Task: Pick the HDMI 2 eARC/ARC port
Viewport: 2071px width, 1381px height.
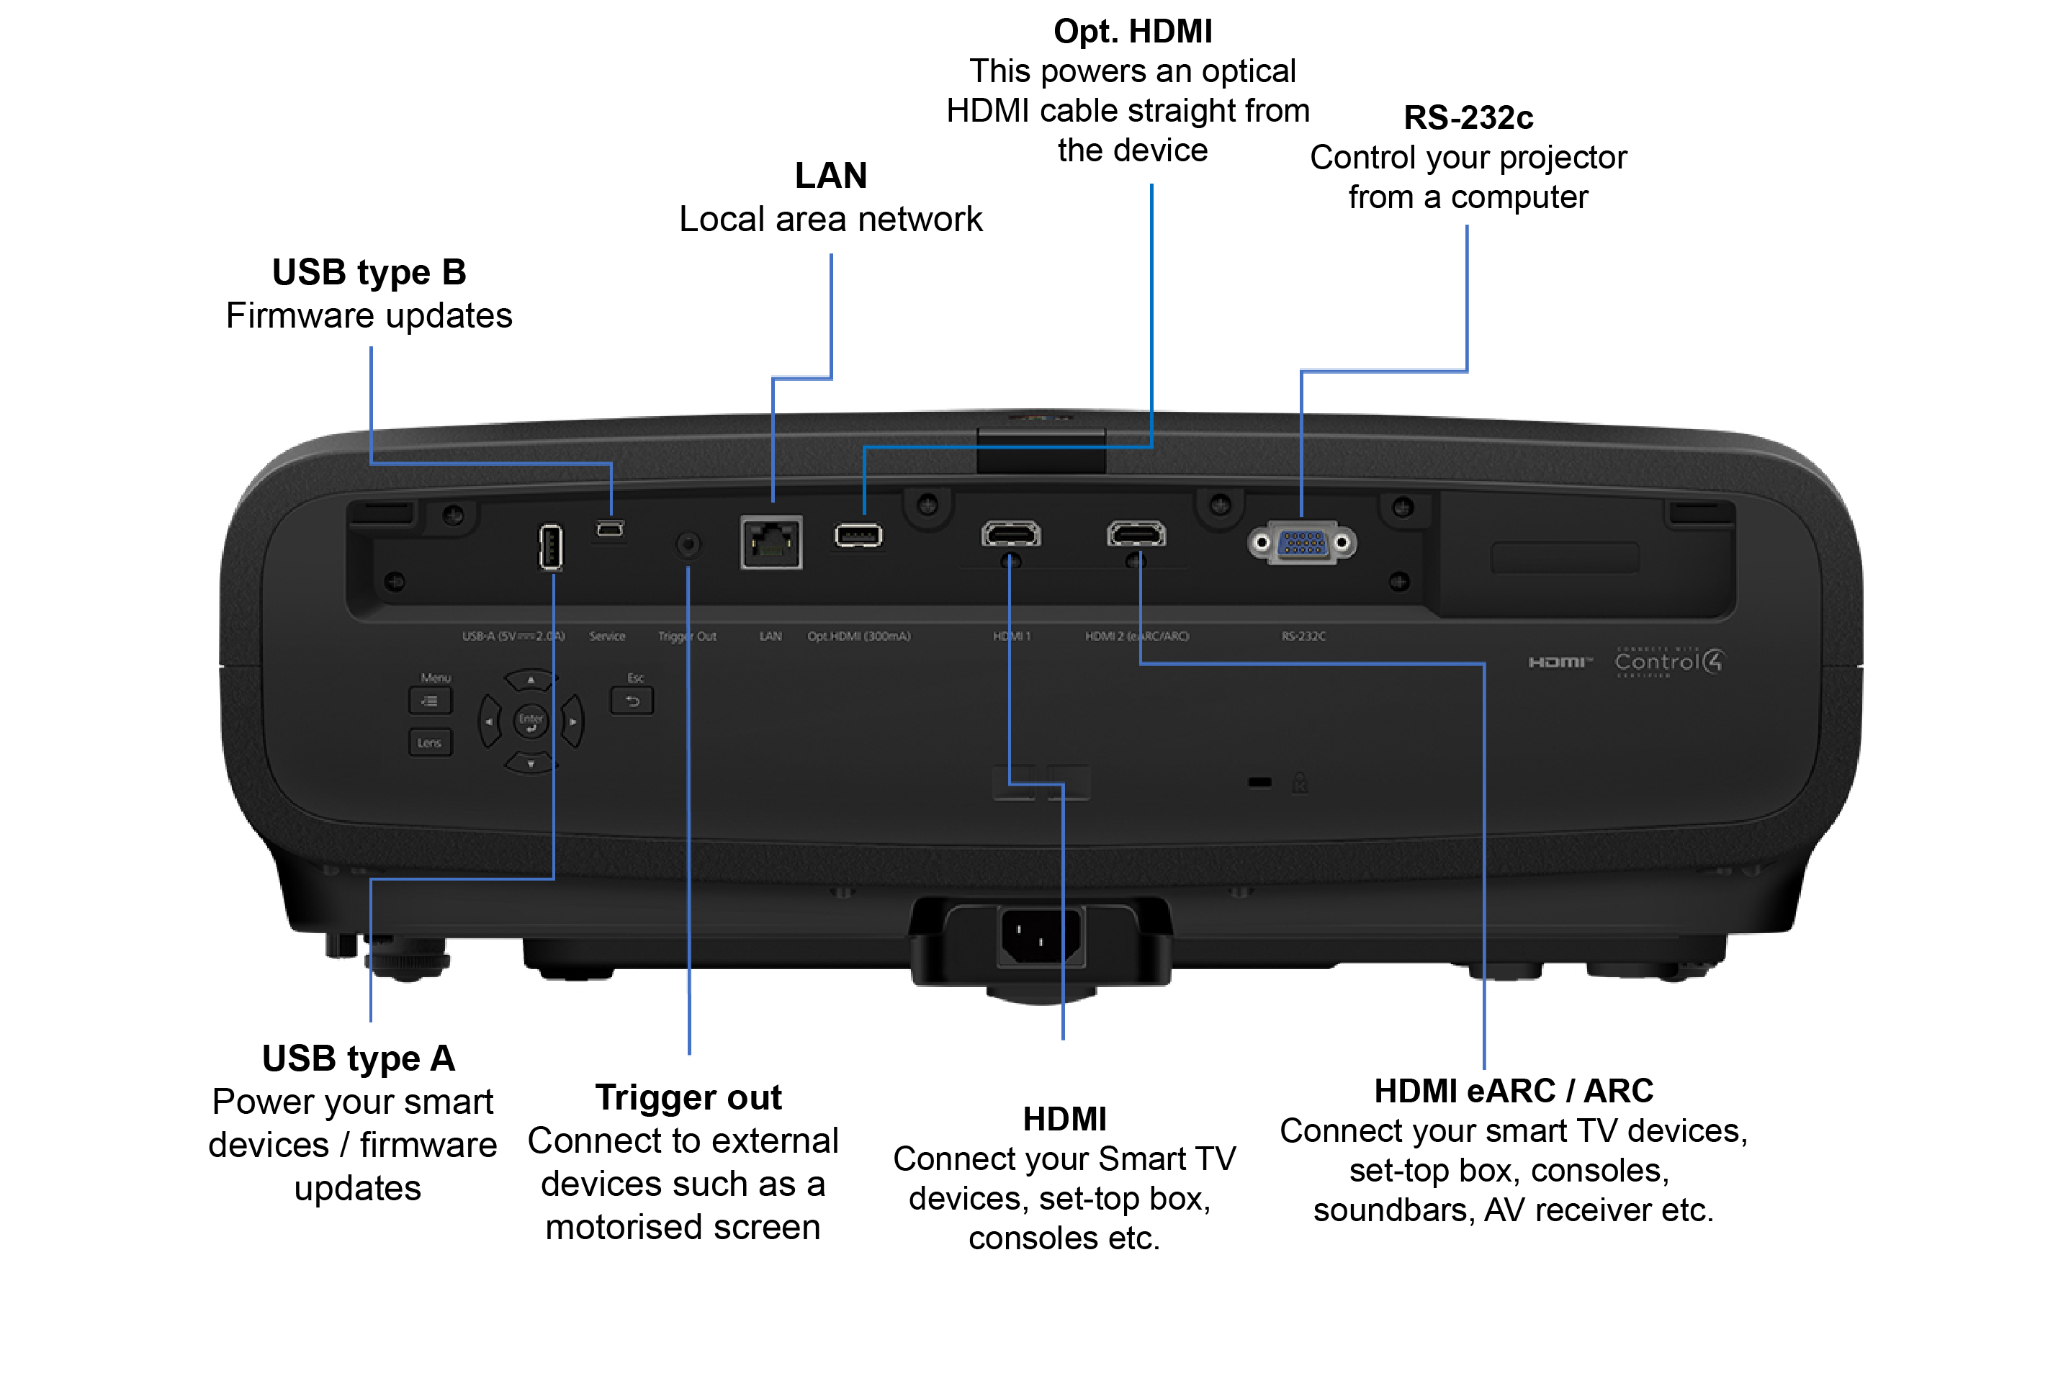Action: click(x=1136, y=534)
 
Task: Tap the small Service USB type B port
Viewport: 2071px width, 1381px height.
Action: click(x=610, y=528)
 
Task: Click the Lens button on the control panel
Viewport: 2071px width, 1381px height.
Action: click(x=430, y=742)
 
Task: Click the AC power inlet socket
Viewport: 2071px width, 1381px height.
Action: click(x=1041, y=936)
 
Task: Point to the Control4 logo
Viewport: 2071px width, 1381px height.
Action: click(x=1668, y=662)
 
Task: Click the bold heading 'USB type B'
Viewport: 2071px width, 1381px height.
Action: click(x=369, y=272)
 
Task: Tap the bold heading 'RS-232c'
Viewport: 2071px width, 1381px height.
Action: click(x=1468, y=117)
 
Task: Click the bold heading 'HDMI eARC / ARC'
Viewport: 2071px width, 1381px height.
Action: click(x=1514, y=1090)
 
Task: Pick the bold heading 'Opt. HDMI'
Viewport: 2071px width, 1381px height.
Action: click(x=1133, y=32)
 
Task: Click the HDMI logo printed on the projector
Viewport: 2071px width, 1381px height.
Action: click(x=1559, y=662)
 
